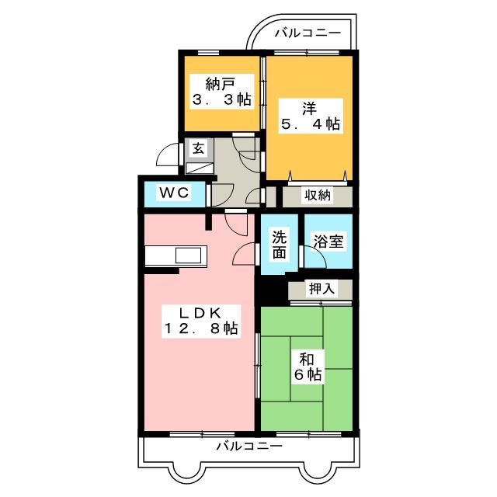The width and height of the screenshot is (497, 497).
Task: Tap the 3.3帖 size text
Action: click(221, 99)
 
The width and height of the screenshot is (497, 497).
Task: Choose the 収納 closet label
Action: click(317, 196)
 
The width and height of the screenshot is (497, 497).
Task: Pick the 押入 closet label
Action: click(322, 289)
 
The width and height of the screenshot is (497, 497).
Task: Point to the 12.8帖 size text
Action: click(200, 328)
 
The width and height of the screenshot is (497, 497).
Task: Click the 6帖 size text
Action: click(308, 375)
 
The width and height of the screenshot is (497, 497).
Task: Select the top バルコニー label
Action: click(308, 33)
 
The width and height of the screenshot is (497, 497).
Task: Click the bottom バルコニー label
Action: click(249, 447)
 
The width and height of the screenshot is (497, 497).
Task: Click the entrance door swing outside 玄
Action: click(169, 157)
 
